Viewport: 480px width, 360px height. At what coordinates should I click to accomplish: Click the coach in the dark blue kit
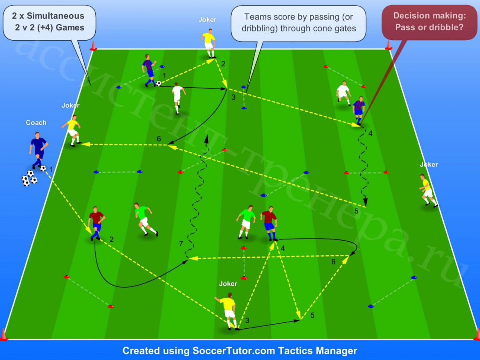pos(38,150)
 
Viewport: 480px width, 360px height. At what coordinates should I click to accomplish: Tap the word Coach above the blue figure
pos(36,123)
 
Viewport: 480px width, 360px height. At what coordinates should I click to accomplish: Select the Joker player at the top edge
pos(209,43)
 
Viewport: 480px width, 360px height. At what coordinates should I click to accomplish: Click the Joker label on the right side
pos(429,164)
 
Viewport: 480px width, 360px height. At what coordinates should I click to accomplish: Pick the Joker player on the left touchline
pos(72,130)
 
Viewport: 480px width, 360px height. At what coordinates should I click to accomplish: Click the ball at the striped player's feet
pos(158,83)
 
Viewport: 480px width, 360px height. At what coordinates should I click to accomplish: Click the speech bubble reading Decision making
pos(429,22)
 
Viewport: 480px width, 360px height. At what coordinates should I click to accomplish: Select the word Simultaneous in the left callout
pos(56,16)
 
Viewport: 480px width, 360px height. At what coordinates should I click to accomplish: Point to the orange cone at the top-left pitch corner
pos(93,46)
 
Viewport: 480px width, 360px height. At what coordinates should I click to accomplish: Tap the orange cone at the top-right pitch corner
pos(389,45)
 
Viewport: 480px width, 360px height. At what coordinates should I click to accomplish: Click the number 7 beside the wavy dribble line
pos(181,244)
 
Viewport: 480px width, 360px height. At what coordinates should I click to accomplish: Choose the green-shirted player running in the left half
pos(145,219)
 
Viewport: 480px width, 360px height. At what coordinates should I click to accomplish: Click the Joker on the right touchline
pos(428,190)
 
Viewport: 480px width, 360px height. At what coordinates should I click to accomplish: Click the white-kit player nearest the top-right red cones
pos(344,93)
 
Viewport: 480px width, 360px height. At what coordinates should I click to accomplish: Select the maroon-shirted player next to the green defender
pos(269,223)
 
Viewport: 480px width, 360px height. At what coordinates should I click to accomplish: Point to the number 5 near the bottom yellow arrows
pos(312,315)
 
